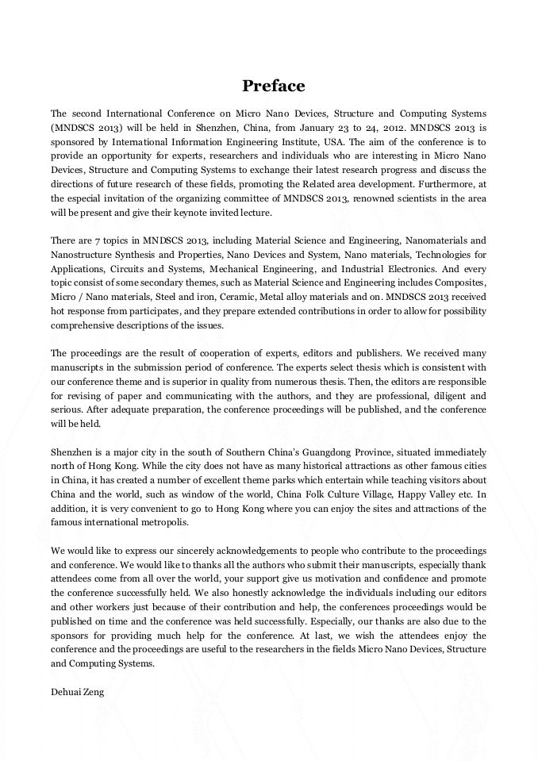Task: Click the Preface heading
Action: pyautogui.click(x=273, y=86)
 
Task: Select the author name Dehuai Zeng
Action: pyautogui.click(x=77, y=692)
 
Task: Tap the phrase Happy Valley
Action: pyautogui.click(x=402, y=494)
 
